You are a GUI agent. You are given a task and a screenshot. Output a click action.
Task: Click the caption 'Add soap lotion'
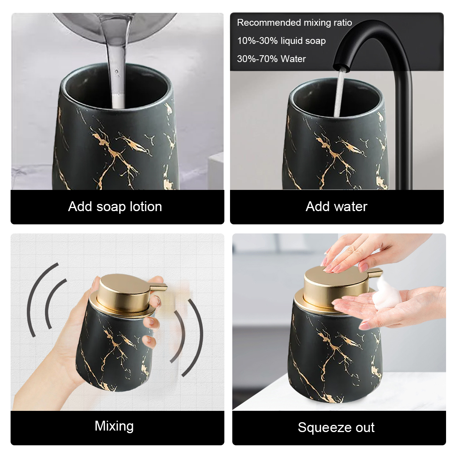(x=115, y=207)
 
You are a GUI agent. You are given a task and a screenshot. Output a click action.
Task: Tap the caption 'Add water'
(x=336, y=207)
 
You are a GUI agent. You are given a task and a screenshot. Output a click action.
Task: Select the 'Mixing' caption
(x=114, y=426)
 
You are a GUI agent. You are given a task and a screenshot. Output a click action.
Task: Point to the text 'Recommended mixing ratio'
(x=294, y=23)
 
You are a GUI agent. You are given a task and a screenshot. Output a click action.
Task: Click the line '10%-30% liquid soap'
(x=281, y=41)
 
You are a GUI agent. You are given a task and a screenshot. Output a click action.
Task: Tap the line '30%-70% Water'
(x=271, y=59)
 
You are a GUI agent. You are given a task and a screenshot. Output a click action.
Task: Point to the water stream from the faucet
(x=339, y=93)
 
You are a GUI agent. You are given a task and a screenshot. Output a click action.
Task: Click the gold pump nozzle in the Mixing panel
(x=158, y=288)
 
